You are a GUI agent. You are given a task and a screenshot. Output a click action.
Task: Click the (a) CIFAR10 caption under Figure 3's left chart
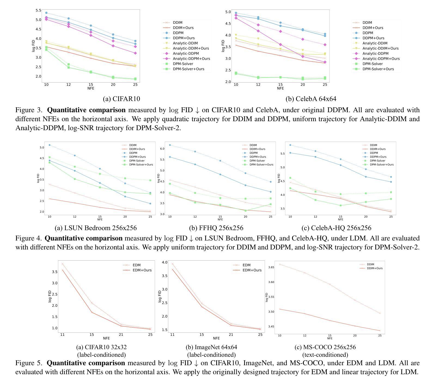121,99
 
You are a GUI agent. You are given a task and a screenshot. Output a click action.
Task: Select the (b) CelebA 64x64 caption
311,99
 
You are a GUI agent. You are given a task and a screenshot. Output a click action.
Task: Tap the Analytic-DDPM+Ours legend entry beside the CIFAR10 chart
191,59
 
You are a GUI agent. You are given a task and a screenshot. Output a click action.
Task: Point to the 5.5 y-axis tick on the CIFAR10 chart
38,10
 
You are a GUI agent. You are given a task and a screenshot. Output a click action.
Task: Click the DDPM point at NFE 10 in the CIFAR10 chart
46,13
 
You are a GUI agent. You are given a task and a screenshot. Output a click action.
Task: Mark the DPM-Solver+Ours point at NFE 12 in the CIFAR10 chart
69,67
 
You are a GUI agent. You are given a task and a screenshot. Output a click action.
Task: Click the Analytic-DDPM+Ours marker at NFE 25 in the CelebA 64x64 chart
325,62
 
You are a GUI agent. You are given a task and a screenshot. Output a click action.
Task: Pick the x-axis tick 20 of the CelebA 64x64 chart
303,85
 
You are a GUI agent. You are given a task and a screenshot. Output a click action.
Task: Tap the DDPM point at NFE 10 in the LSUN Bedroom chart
50,145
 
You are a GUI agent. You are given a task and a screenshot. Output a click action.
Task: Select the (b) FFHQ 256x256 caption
216,228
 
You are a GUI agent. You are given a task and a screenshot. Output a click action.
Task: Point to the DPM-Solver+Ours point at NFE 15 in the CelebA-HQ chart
341,205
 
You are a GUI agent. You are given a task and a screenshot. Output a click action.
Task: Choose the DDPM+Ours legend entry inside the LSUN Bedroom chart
137,157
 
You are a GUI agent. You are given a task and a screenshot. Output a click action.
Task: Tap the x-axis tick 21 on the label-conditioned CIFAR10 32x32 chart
121,335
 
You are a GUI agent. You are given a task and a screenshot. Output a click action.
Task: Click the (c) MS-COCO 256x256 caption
325,347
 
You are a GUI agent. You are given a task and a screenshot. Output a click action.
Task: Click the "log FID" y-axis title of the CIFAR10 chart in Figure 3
33,46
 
